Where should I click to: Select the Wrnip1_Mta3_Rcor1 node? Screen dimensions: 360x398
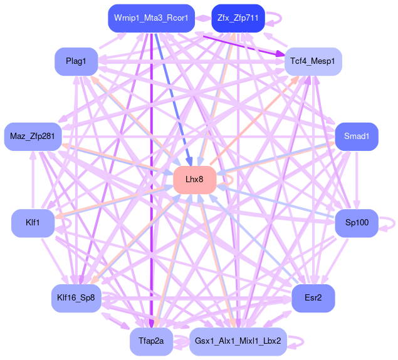[x=151, y=18]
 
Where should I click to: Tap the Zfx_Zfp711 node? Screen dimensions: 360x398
[x=238, y=18]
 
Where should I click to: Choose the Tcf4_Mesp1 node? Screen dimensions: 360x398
[x=313, y=61]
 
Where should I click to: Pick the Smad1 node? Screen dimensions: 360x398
[x=357, y=136]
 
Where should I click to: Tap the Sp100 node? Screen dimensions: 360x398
[x=357, y=223]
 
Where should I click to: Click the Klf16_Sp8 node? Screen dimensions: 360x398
[x=75, y=298]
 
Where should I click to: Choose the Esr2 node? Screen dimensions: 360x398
[x=313, y=298]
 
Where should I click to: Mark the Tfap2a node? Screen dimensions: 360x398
[x=151, y=341]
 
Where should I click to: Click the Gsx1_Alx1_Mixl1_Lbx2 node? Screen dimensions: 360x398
[x=238, y=341]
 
